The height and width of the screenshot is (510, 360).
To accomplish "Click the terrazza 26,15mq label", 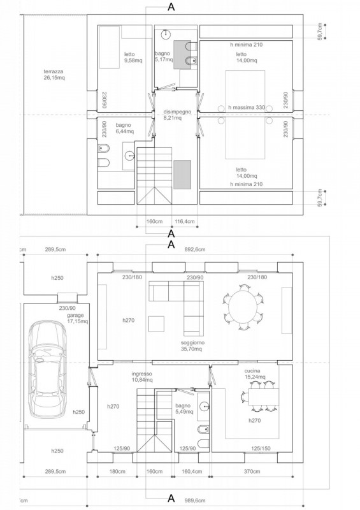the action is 54,75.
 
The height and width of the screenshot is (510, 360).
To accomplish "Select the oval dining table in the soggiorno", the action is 243,308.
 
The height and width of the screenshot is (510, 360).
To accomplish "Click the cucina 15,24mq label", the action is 255,374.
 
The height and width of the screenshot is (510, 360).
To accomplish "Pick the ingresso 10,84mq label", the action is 142,377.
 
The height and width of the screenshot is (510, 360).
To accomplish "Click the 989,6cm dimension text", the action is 194,500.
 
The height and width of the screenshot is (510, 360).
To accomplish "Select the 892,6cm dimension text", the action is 194,249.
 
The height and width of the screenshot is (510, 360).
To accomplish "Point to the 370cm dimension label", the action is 252,471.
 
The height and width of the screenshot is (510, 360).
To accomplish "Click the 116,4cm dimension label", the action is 184,221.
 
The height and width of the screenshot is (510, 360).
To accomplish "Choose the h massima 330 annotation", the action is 247,107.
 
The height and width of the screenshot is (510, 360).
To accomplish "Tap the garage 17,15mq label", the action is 77,318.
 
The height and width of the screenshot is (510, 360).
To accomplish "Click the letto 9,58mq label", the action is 133,57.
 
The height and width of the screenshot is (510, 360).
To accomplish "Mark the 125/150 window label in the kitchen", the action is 261,449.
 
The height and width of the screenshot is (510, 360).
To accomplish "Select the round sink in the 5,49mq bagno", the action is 205,405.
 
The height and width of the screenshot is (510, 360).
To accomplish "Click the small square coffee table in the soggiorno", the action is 157,324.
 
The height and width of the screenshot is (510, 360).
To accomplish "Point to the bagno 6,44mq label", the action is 124,128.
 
